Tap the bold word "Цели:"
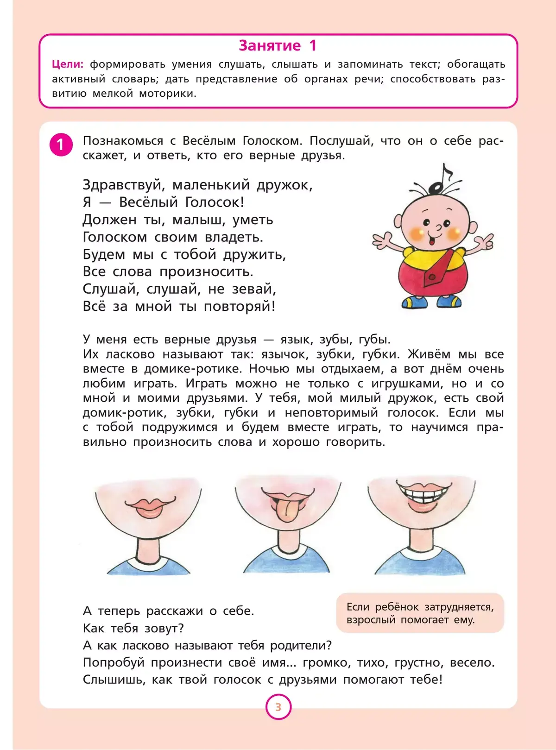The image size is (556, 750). pos(68,64)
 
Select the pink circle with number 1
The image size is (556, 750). pos(61,145)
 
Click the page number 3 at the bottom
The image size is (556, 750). pos(278,707)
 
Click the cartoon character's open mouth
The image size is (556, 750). pos(432,241)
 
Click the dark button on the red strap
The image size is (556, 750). pos(432,277)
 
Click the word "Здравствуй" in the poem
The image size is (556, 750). pos(124,185)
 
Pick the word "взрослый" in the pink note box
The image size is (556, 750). pos(371,620)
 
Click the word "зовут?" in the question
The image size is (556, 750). pos(164,628)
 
